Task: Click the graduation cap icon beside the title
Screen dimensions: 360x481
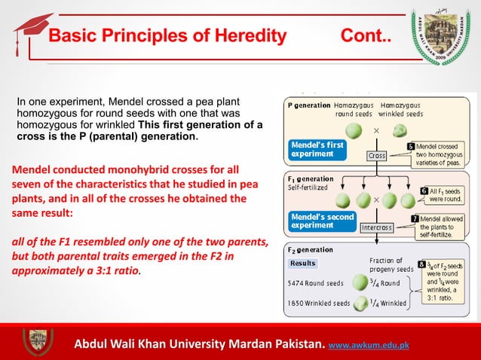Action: tap(32, 31)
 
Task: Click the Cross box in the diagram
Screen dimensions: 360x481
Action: tap(377, 155)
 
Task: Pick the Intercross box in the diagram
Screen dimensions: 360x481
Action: tap(380, 226)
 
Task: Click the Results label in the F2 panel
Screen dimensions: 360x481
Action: tap(303, 264)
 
